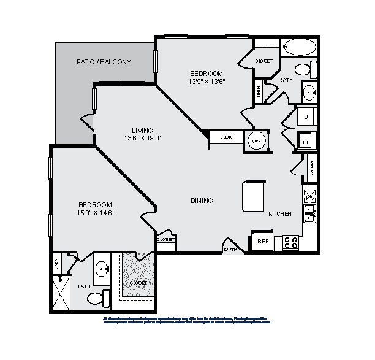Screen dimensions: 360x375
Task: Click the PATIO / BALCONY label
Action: click(x=104, y=62)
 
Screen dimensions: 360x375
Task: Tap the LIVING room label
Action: click(x=142, y=130)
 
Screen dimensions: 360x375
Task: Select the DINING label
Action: click(x=202, y=201)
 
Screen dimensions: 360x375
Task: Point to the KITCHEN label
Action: click(x=280, y=213)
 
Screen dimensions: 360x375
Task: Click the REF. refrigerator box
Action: click(x=262, y=241)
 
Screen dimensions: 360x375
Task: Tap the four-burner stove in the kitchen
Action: click(x=291, y=243)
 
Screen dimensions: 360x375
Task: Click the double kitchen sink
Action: click(x=309, y=212)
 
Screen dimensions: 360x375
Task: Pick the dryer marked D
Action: click(x=306, y=117)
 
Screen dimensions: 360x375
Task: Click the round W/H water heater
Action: click(x=256, y=139)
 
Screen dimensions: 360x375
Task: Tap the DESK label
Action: click(x=225, y=137)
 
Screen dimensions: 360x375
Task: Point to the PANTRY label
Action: click(x=311, y=168)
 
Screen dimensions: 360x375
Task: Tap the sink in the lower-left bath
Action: click(x=102, y=269)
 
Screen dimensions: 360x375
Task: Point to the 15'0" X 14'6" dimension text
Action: click(x=95, y=213)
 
